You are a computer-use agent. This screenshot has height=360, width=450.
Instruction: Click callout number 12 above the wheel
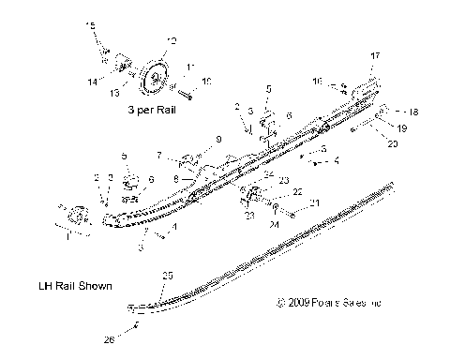170,40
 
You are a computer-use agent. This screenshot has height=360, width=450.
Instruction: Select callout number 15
90,23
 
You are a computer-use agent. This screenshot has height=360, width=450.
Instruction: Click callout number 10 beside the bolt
207,82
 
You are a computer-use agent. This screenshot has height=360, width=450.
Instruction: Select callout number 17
375,56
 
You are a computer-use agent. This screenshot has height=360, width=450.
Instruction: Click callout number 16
317,81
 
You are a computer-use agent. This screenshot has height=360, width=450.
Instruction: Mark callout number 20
392,144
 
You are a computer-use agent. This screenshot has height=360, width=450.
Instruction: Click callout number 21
314,202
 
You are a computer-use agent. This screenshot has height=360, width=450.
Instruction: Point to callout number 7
160,154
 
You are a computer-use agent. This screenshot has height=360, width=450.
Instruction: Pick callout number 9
218,140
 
